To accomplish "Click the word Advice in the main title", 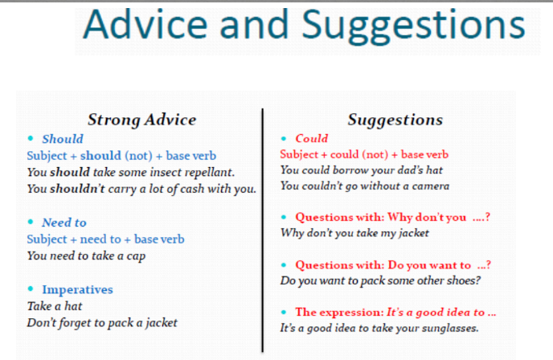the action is [145, 24].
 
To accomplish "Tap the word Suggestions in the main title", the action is [414, 27].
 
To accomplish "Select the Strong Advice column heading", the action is [141, 120].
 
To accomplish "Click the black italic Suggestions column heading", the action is [395, 120].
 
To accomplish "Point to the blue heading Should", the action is [63, 139].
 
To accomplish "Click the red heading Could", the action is [312, 138].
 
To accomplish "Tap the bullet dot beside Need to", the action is [31, 222].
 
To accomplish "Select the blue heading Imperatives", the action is [78, 290].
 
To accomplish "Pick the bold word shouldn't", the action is [77, 189].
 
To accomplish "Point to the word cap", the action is [136, 256].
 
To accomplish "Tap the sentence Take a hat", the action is [55, 306].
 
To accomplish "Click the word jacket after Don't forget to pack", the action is [162, 323].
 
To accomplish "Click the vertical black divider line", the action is [263, 231].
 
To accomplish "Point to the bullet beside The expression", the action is [284, 312].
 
